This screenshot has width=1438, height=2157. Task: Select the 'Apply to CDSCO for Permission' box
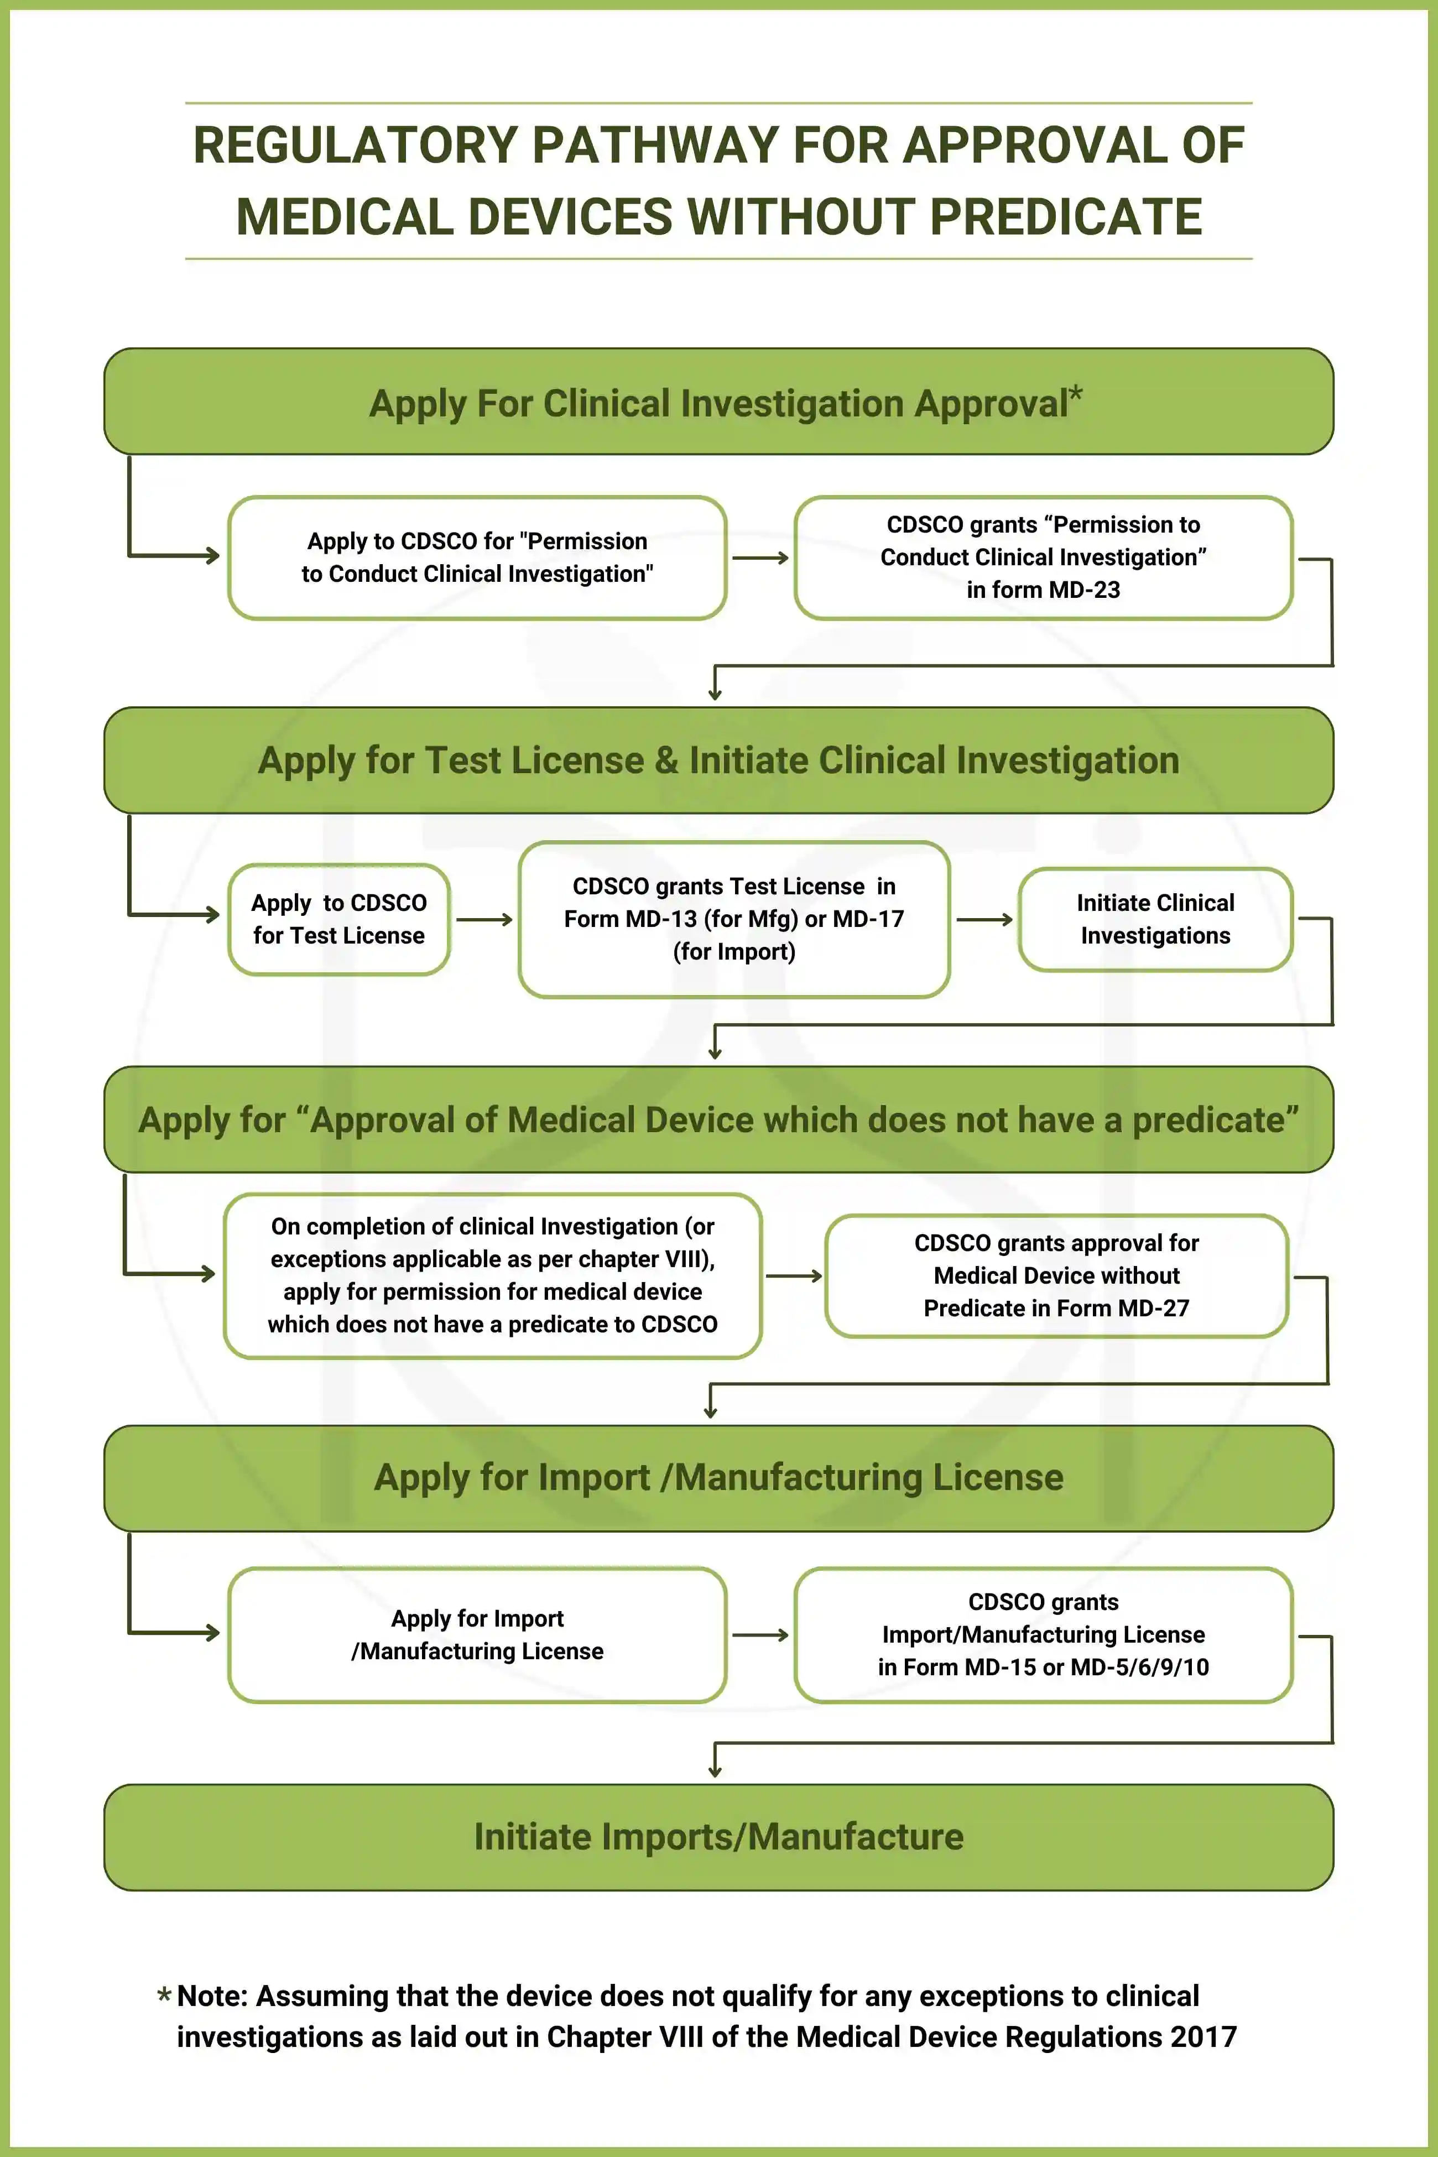477,558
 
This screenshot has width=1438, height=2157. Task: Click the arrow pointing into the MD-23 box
761,558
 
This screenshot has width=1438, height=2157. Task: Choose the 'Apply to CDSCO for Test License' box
338,919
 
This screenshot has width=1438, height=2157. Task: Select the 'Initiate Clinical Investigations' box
1155,919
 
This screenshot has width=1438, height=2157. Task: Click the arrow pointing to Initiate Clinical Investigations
984,919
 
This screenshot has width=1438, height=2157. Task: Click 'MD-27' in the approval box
1158,1309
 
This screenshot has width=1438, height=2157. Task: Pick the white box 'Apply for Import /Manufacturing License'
477,1635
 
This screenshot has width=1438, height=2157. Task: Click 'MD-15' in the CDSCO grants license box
1005,1668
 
